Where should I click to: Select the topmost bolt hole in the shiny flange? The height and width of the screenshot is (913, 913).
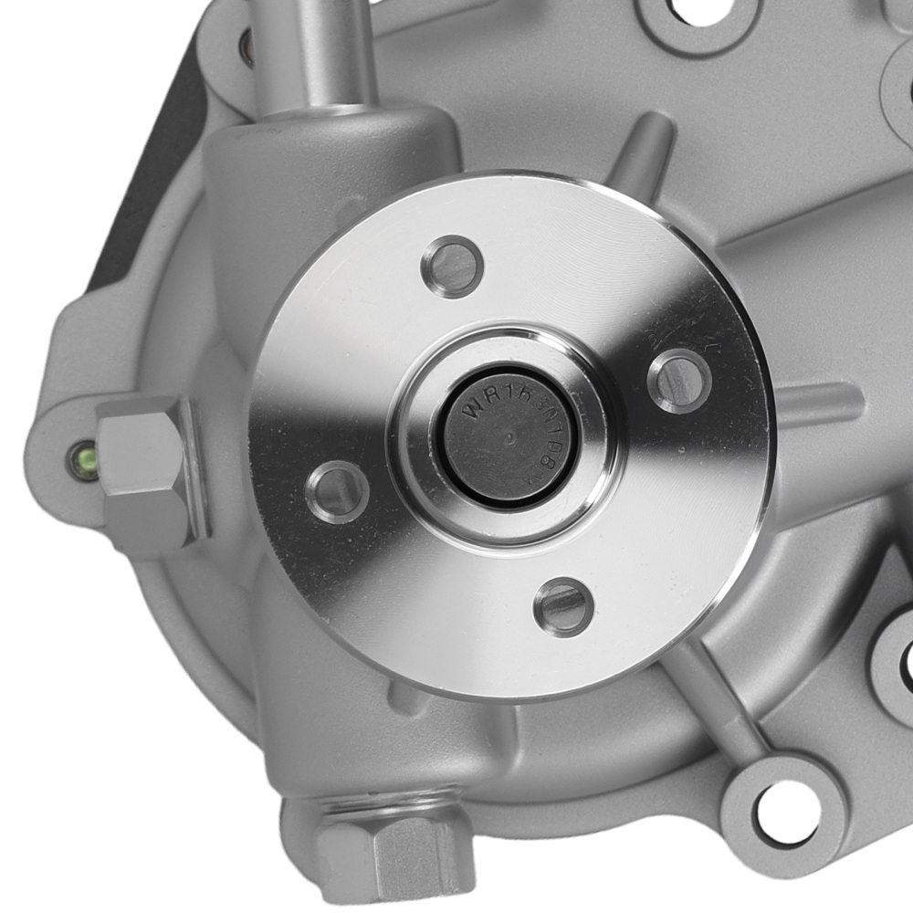[x=452, y=266]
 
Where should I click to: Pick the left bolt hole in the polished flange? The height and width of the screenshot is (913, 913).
[x=337, y=491]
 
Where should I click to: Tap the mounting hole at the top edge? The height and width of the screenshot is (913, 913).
[x=698, y=11]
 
